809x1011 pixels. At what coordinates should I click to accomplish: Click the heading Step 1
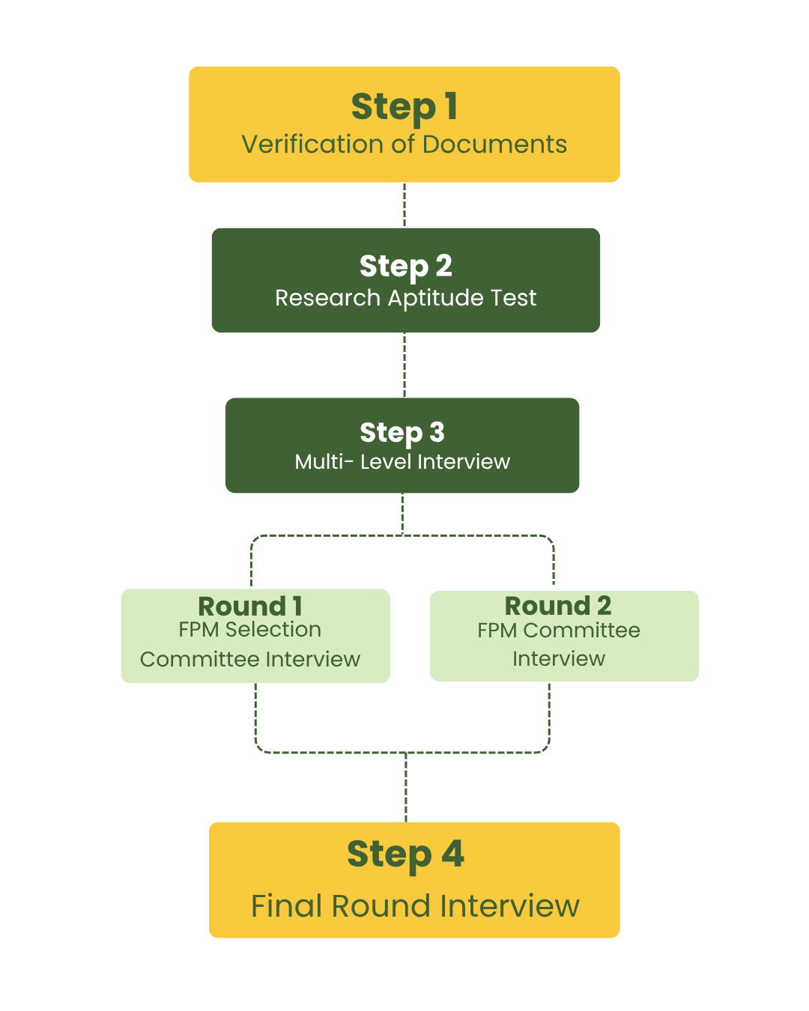click(x=404, y=107)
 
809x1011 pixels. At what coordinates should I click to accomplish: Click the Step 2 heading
click(x=405, y=267)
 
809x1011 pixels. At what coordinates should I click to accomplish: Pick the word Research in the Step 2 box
click(x=327, y=298)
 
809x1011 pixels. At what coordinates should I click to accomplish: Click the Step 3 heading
click(x=402, y=432)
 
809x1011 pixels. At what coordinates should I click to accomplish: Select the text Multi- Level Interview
click(x=402, y=461)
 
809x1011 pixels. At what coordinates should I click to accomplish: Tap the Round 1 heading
click(x=250, y=606)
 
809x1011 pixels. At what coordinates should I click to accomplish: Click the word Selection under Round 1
click(x=273, y=630)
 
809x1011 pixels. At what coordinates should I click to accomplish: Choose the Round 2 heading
click(x=558, y=605)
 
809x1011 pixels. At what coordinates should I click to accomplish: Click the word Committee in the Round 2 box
click(x=581, y=631)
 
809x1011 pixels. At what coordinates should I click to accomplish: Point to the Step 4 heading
click(x=405, y=854)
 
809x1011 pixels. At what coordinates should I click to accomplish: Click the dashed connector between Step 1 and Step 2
click(x=404, y=204)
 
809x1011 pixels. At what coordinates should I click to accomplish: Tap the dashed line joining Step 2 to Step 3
click(x=404, y=365)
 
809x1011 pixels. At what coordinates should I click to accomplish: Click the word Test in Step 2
click(x=513, y=298)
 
